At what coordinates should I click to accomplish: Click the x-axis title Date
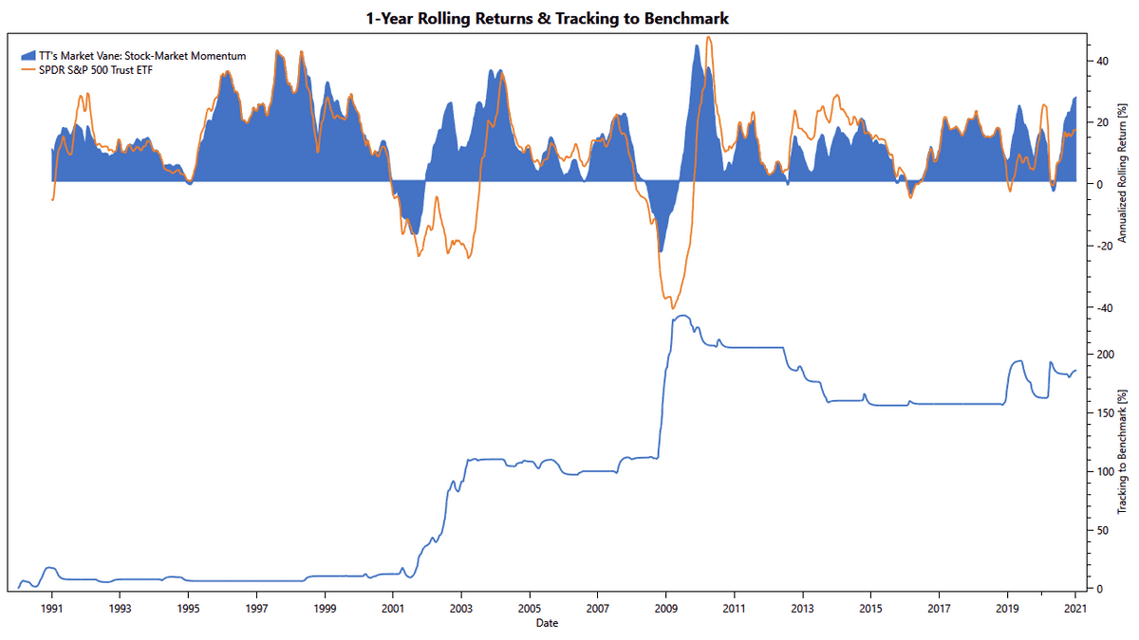(x=546, y=623)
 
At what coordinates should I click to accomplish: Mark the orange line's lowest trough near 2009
(x=672, y=308)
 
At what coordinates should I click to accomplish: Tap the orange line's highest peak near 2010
(x=708, y=38)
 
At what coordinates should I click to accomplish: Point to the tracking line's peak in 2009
(x=682, y=316)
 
